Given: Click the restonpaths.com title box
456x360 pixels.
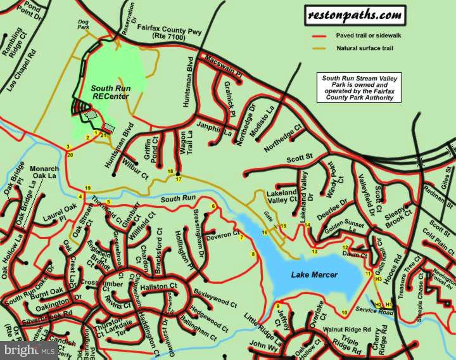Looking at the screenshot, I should pyautogui.click(x=355, y=15).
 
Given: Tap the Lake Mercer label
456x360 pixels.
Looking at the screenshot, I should pyautogui.click(x=314, y=274).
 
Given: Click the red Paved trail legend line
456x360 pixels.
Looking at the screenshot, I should pyautogui.click(x=322, y=35).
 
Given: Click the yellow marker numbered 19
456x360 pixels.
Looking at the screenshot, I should pyautogui.click(x=87, y=188).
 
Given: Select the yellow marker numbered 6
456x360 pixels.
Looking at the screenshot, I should pyautogui.click(x=213, y=206).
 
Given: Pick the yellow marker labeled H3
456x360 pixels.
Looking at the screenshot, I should pyautogui.click(x=378, y=279).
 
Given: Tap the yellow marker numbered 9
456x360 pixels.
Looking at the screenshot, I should pyautogui.click(x=277, y=307).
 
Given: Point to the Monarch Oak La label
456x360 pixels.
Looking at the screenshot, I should pyautogui.click(x=44, y=172).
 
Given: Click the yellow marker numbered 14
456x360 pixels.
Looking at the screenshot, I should pyautogui.click(x=307, y=225).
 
